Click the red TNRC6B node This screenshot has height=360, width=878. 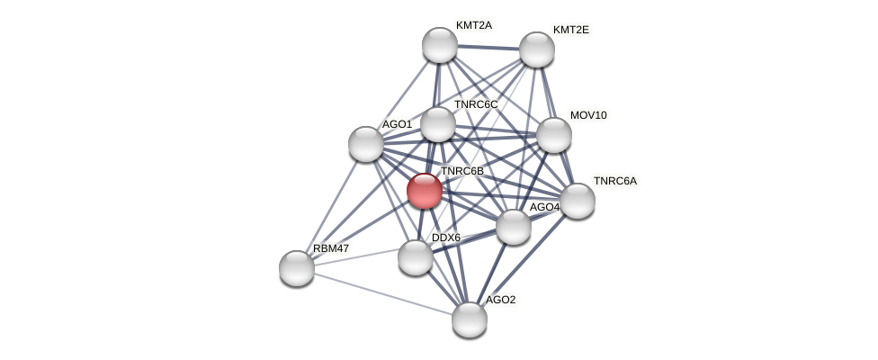tap(424, 191)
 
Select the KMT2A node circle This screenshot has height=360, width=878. tap(440, 45)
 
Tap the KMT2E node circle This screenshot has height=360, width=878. tap(537, 49)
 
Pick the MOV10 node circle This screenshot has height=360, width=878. tap(554, 135)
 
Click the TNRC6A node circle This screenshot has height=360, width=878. tap(578, 201)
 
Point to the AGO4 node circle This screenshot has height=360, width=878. tap(514, 227)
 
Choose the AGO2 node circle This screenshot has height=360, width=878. tap(470, 319)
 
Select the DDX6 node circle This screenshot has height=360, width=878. tap(416, 257)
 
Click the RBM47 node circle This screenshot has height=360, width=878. tap(297, 267)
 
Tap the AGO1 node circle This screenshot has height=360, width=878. tap(366, 144)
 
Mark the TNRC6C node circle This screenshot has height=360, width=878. tap(438, 124)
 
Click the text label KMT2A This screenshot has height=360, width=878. tap(473, 25)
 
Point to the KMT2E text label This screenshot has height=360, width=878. tap(570, 30)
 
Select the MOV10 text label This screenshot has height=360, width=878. tap(588, 115)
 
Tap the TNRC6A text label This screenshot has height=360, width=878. tap(614, 181)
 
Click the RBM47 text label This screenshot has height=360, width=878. tap(330, 247)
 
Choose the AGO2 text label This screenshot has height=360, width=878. tap(500, 300)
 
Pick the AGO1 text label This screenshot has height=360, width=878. tap(397, 124)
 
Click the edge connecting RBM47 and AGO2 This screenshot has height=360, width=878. tap(383, 293)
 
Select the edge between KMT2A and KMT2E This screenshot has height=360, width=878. tap(488, 47)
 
